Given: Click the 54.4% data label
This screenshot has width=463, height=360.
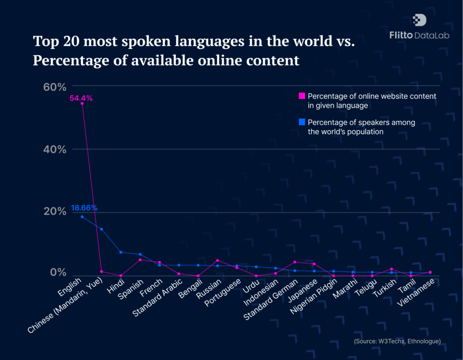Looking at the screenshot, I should pyautogui.click(x=81, y=98).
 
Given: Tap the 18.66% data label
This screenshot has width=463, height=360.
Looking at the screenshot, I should pyautogui.click(x=84, y=208).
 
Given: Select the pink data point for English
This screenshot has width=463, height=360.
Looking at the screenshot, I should pyautogui.click(x=82, y=104).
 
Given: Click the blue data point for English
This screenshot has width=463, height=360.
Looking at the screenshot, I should pyautogui.click(x=82, y=217).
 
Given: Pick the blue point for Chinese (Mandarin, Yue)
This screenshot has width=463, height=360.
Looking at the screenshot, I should pyautogui.click(x=101, y=229).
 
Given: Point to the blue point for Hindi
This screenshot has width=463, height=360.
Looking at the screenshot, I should pyautogui.click(x=121, y=252).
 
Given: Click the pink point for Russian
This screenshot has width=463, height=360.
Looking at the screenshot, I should pyautogui.click(x=217, y=261).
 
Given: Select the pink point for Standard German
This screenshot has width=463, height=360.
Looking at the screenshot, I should pyautogui.click(x=295, y=262).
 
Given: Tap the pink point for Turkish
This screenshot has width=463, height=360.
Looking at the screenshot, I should pyautogui.click(x=392, y=269).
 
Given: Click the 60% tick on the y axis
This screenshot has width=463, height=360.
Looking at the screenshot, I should pyautogui.click(x=55, y=86).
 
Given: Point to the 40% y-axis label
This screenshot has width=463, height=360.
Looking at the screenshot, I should pyautogui.click(x=55, y=149).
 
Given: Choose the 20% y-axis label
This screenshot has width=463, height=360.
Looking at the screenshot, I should pyautogui.click(x=55, y=212).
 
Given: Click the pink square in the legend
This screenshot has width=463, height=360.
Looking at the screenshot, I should pyautogui.click(x=302, y=96).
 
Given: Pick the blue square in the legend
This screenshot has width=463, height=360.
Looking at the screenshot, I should pyautogui.click(x=302, y=122).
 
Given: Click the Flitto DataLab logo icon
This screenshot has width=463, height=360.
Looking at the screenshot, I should pyautogui.click(x=420, y=20).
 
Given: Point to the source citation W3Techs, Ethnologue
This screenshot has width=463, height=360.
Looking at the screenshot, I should pyautogui.click(x=397, y=341).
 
